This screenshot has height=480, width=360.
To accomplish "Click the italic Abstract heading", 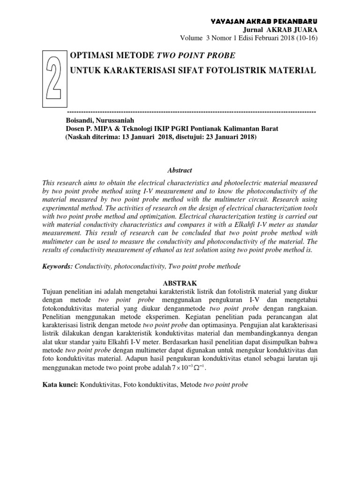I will click(180, 171).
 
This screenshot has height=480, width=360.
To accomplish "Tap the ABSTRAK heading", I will click(180, 283).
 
